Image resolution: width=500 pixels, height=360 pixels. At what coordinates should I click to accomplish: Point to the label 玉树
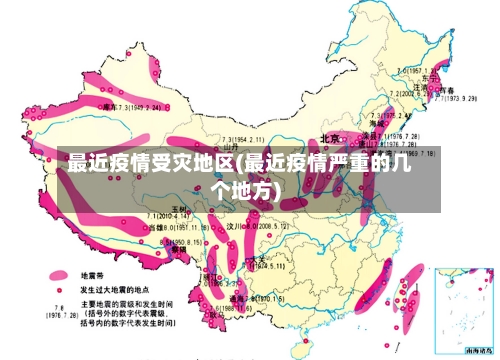(x=180, y=207)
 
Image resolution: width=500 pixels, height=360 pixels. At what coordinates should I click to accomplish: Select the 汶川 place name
(x=236, y=227)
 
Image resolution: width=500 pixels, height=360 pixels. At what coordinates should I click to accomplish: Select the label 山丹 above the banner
(x=234, y=147)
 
